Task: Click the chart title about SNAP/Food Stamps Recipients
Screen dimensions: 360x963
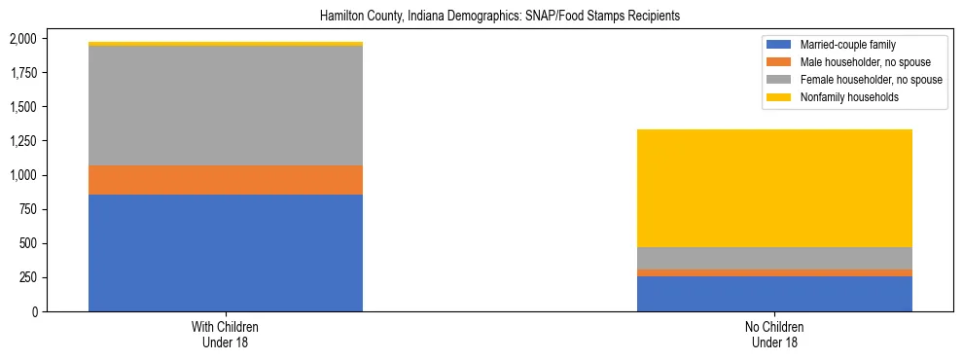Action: [x=481, y=16]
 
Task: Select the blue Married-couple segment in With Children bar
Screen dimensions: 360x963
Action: [x=226, y=253]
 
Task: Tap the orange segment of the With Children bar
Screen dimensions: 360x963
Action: [x=226, y=180]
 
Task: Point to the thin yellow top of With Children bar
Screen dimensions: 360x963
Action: [x=226, y=44]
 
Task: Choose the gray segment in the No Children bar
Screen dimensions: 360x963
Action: [x=774, y=258]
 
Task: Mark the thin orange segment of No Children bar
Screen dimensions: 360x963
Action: [x=774, y=272]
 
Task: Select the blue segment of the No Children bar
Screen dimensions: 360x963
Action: [x=774, y=294]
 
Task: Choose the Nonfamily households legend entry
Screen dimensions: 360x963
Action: [x=842, y=97]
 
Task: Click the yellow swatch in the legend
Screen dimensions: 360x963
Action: [x=779, y=97]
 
